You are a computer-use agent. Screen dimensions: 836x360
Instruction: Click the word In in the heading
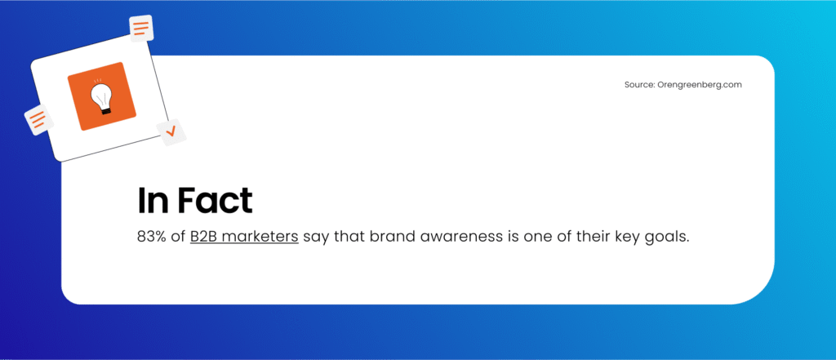(152, 201)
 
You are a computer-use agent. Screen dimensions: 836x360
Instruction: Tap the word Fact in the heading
(215, 201)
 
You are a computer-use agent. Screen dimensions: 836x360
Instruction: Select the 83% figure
(150, 237)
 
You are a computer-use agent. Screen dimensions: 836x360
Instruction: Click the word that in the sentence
(347, 237)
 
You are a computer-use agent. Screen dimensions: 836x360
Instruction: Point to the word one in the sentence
(531, 238)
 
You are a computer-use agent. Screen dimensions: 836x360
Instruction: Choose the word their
(582, 237)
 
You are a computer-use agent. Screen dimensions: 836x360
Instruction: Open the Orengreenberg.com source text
(700, 85)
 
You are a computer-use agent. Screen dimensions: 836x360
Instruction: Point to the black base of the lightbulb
(106, 110)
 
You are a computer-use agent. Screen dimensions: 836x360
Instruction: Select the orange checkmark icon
(171, 131)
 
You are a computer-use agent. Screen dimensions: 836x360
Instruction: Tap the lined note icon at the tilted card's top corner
(141, 29)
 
